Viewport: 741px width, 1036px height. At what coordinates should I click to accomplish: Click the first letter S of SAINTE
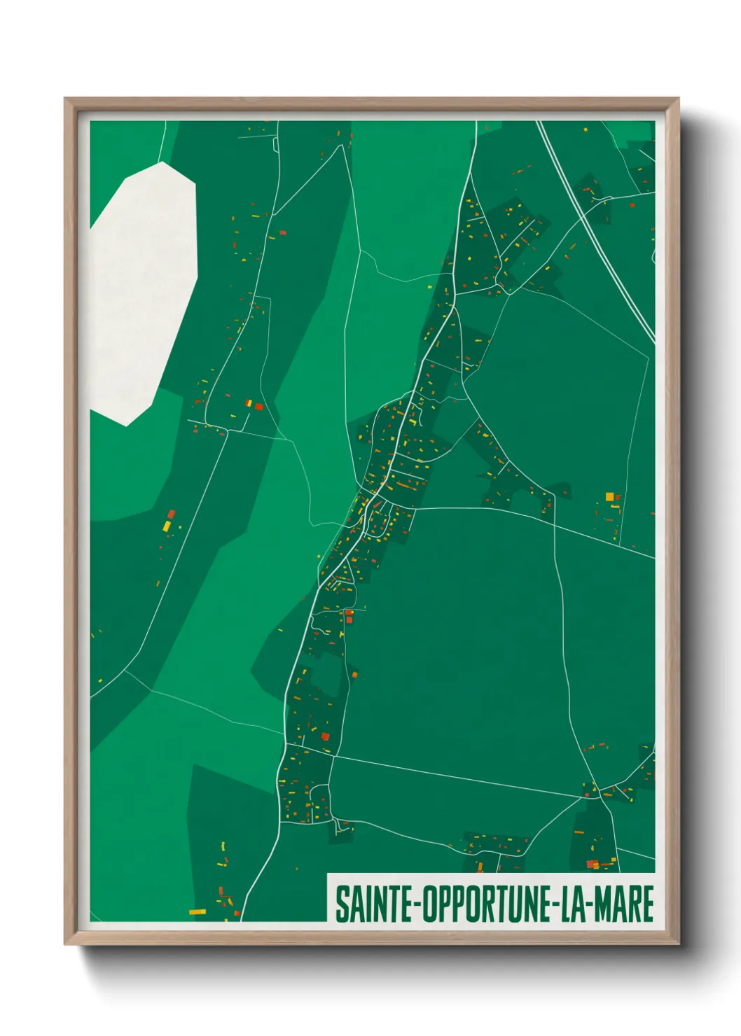point(342,904)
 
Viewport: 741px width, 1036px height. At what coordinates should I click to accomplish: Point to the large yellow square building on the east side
point(609,497)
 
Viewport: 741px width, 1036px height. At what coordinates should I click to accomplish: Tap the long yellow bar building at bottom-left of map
point(198,911)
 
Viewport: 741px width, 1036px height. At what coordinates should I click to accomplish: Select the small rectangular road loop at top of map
point(276,144)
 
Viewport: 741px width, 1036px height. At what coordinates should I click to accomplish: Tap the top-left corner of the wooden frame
point(66,99)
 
